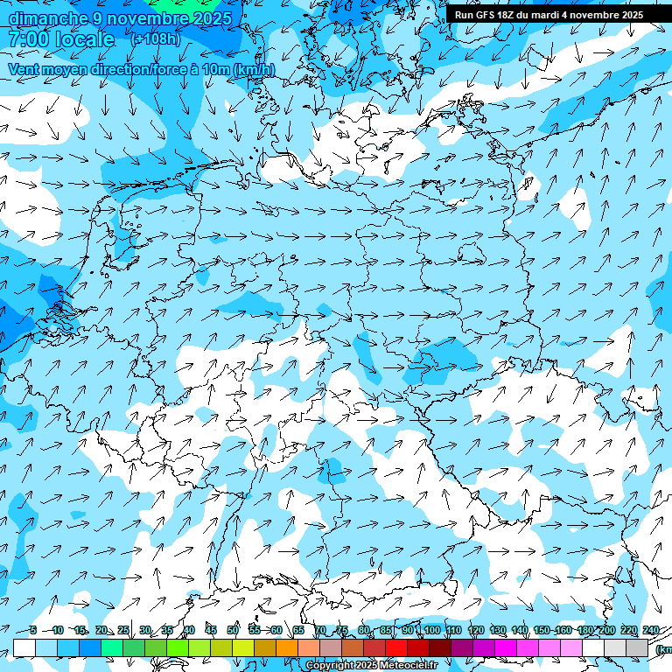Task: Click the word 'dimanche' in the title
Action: coord(48,18)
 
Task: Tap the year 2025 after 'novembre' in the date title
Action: coord(210,18)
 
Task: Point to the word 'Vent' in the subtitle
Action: coord(24,70)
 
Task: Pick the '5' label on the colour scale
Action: coord(32,631)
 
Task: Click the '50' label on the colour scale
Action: coord(233,631)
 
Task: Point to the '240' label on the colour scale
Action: coord(651,631)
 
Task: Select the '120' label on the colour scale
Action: coord(476,631)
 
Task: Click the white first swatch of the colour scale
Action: coord(24,647)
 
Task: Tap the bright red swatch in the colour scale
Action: coord(396,647)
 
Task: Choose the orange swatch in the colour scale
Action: coord(287,647)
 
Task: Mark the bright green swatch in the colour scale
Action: coord(178,647)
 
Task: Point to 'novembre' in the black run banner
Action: coord(603,15)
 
